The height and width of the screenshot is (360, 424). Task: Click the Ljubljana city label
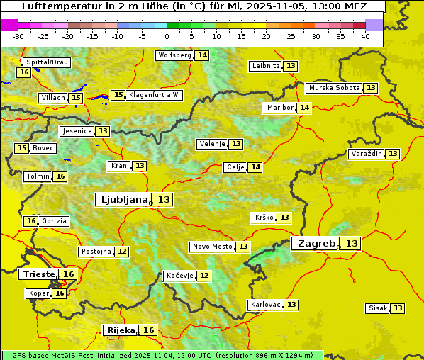pyautogui.click(x=123, y=200)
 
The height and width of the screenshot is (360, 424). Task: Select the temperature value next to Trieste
pyautogui.click(x=69, y=274)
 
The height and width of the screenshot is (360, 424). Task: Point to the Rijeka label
pyautogui.click(x=120, y=330)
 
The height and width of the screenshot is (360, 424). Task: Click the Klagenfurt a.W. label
pyautogui.click(x=155, y=95)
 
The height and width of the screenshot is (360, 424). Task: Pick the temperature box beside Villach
pyautogui.click(x=76, y=98)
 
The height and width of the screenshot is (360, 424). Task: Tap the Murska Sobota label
pyautogui.click(x=334, y=88)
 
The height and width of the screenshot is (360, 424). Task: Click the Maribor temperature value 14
pyautogui.click(x=304, y=108)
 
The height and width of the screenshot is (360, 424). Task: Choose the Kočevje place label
pyautogui.click(x=179, y=276)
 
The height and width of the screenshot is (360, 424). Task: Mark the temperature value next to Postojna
pyautogui.click(x=122, y=252)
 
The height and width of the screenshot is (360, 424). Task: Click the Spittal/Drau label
pyautogui.click(x=47, y=62)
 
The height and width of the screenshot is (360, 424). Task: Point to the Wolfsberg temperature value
pyautogui.click(x=202, y=55)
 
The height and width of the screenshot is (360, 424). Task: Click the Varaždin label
pyautogui.click(x=367, y=154)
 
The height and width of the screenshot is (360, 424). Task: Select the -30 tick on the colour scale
pyautogui.click(x=18, y=36)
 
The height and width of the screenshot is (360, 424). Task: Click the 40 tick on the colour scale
pyautogui.click(x=365, y=36)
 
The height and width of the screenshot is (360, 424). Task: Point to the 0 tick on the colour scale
pyautogui.click(x=167, y=36)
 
